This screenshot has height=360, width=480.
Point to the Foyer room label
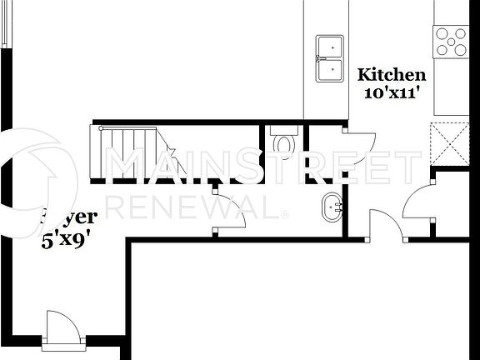pos(71,217)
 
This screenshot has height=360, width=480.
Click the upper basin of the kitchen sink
pos(329,47)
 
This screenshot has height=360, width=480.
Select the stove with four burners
pos(451,40)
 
